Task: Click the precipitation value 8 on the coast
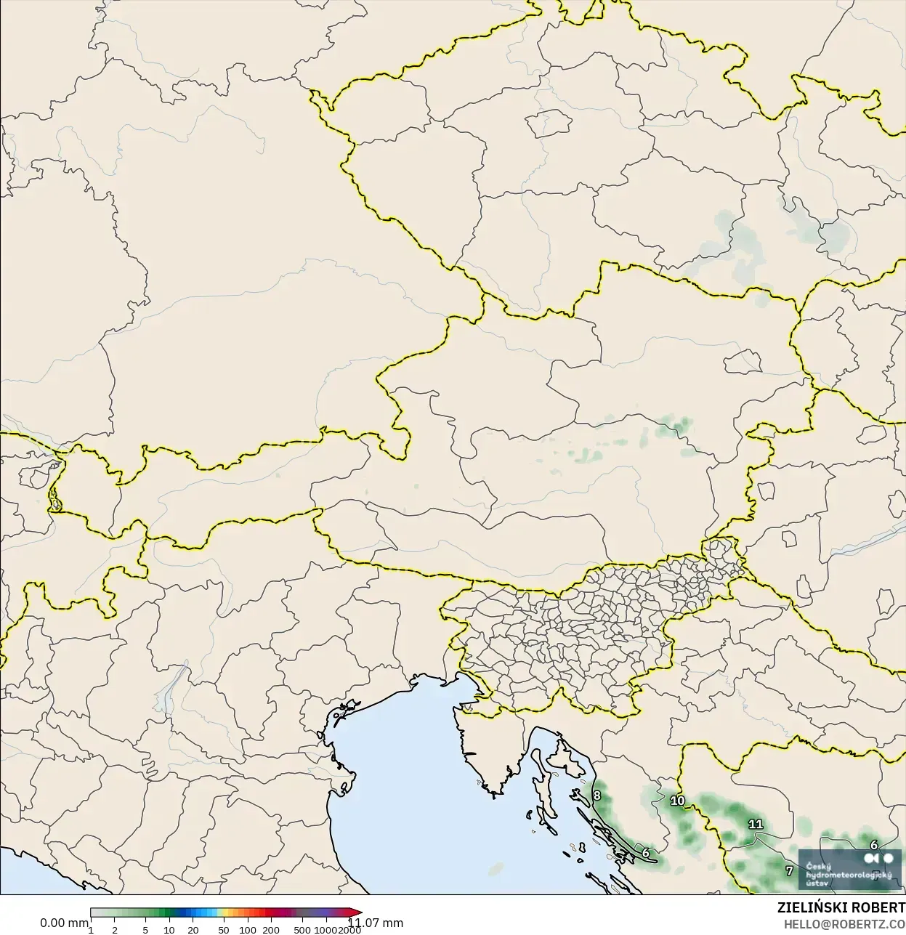(x=596, y=795)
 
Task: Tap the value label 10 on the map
(x=677, y=801)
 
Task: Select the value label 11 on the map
(x=756, y=824)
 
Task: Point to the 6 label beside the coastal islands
(x=645, y=853)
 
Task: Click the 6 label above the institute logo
(x=873, y=845)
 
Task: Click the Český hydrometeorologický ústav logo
(x=849, y=869)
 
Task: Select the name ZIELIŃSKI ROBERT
(x=841, y=908)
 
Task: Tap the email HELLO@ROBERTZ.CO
(x=844, y=924)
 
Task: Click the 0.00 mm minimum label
(x=64, y=923)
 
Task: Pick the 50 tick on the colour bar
(x=224, y=930)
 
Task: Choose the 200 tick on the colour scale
(x=271, y=930)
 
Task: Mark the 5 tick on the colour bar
(x=145, y=930)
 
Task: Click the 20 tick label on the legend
(x=193, y=930)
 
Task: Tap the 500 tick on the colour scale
(x=302, y=930)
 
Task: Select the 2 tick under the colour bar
(x=115, y=930)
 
